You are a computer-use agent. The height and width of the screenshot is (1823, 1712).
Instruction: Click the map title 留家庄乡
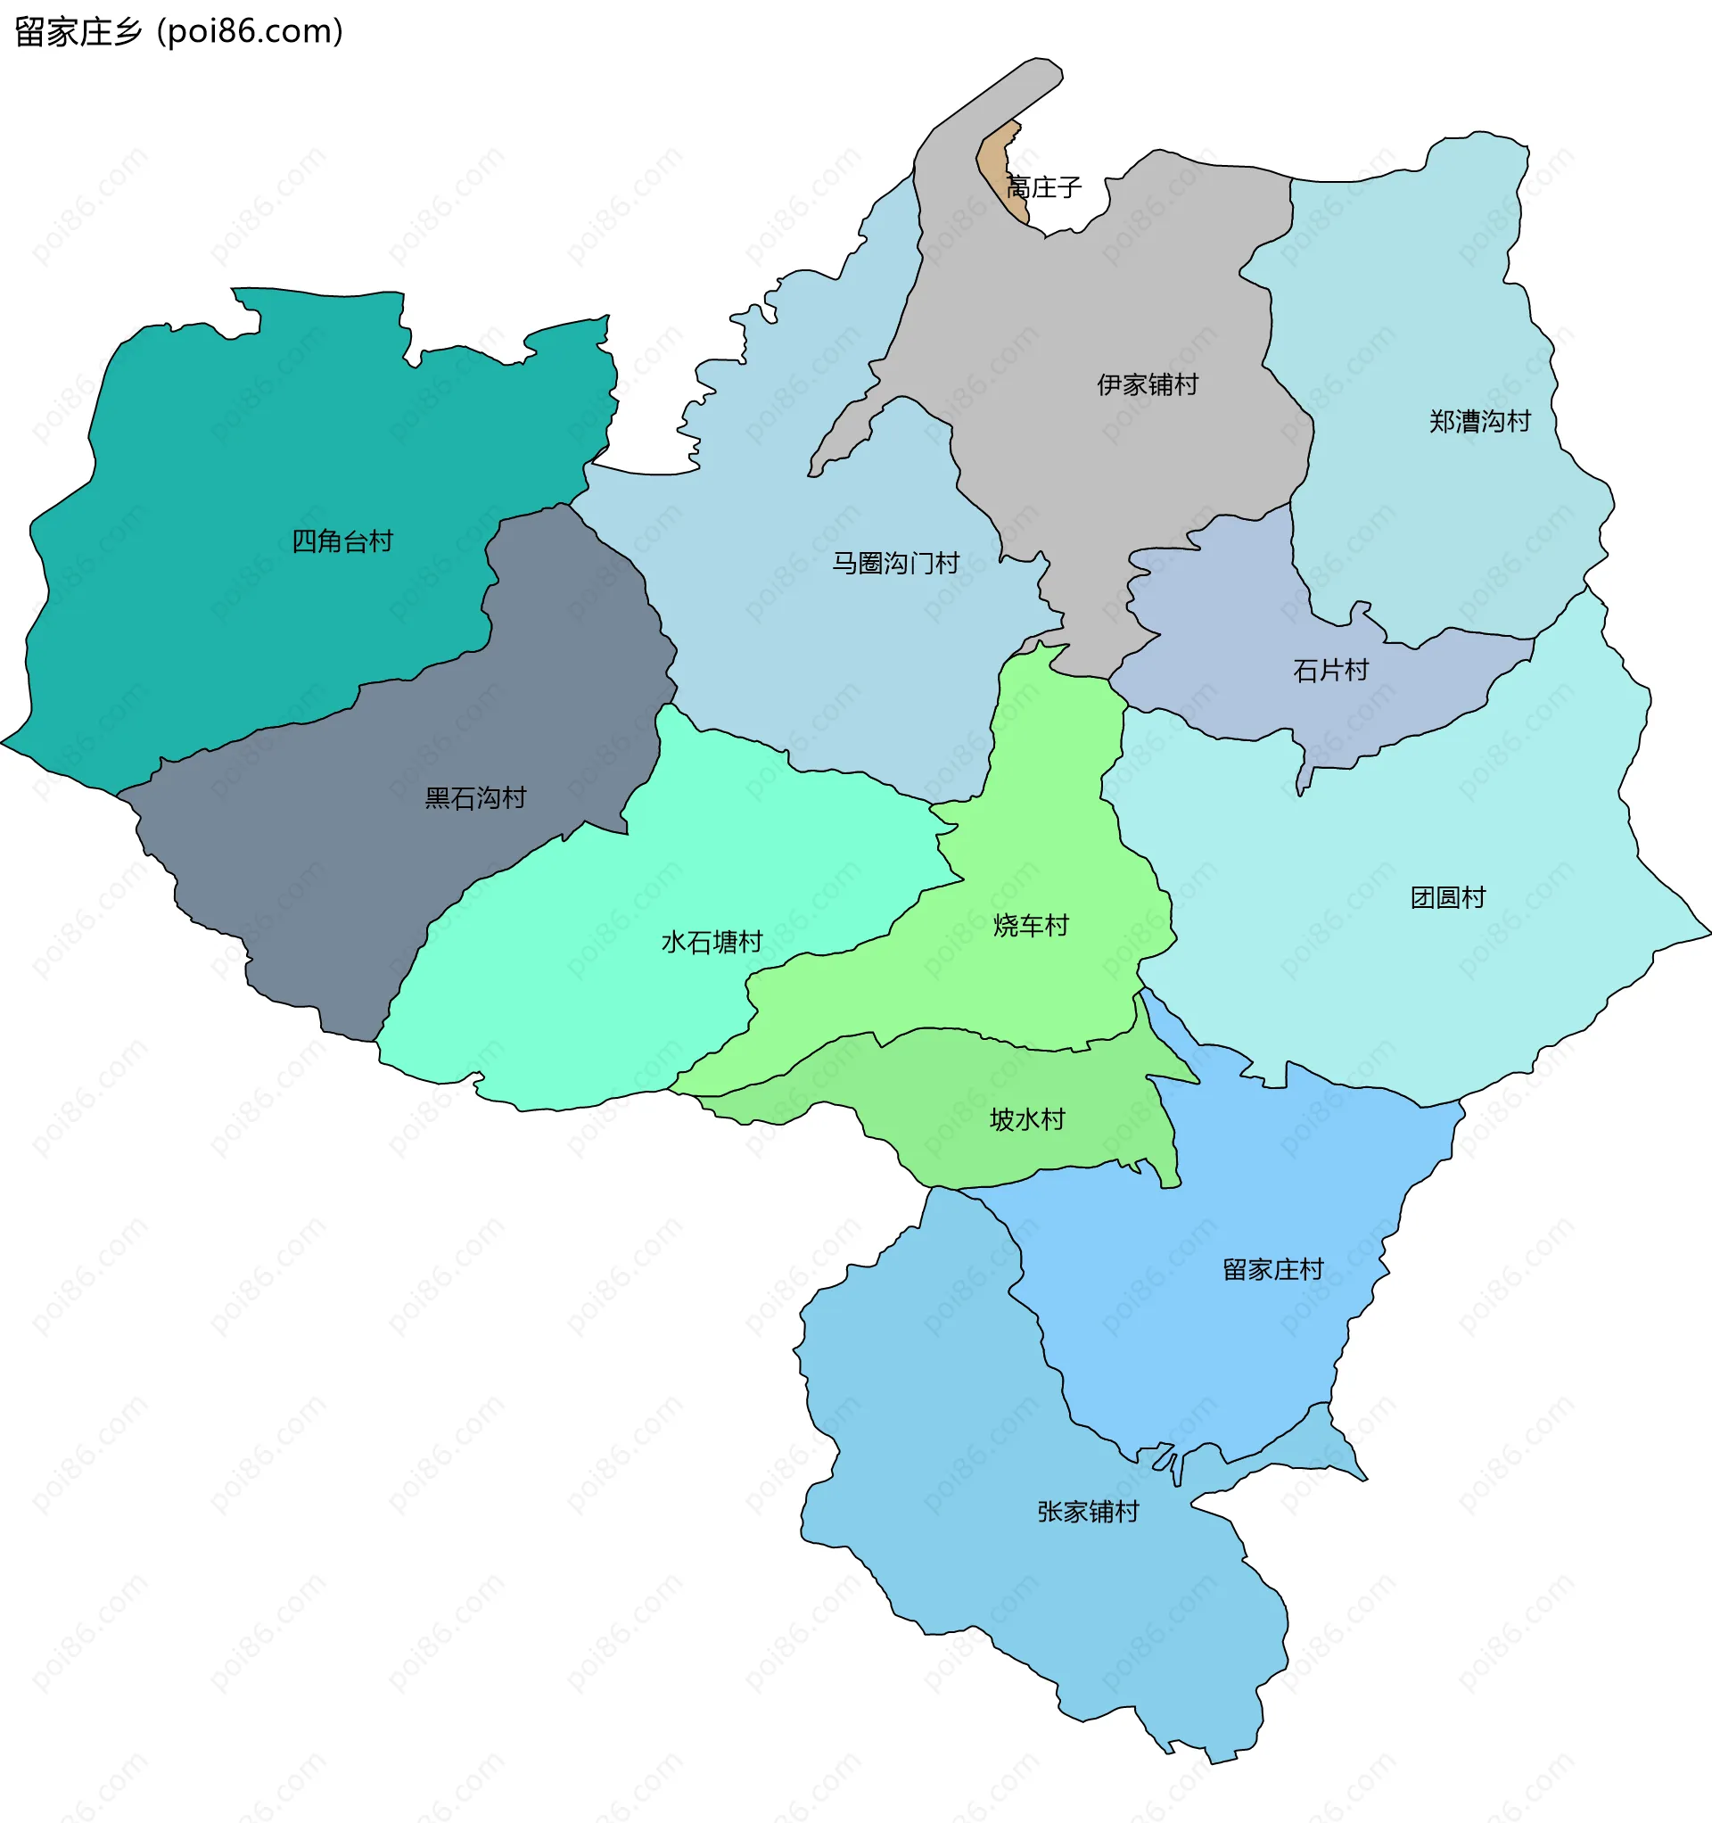(78, 32)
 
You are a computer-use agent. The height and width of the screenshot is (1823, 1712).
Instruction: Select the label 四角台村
(342, 541)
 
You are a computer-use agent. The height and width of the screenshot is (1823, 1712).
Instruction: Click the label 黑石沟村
(475, 798)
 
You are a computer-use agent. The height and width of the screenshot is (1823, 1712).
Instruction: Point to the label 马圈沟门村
(895, 563)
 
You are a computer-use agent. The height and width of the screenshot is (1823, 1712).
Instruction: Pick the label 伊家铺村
(1148, 384)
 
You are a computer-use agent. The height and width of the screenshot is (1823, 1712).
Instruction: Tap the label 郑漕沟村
(1479, 421)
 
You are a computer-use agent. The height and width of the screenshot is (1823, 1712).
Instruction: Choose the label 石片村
(1329, 671)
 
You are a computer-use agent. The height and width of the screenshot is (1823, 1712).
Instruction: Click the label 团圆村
(1447, 897)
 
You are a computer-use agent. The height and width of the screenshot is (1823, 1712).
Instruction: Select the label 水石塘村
(712, 942)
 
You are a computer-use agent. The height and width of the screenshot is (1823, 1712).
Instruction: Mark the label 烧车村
(1031, 925)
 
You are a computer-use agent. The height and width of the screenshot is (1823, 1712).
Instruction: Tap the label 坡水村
(1027, 1118)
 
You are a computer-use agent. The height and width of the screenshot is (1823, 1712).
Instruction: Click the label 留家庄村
(1272, 1269)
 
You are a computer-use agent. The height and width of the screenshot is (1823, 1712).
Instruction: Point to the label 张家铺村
(1088, 1511)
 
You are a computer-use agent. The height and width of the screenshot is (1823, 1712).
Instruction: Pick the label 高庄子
(1043, 188)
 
